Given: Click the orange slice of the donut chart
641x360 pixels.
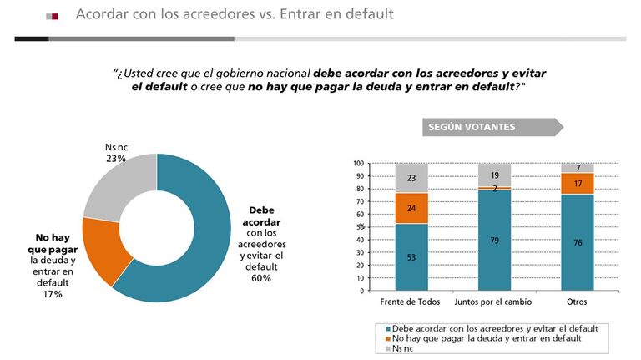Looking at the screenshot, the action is point(104,251).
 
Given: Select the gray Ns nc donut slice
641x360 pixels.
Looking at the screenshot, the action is point(119,186).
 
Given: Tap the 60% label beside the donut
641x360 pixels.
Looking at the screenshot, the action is point(261,278).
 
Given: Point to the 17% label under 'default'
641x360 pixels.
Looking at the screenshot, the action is point(53,294).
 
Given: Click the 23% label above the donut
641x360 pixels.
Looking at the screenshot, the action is point(116,159).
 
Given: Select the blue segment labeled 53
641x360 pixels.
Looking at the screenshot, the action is point(411,257).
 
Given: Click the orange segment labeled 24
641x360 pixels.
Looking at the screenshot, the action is point(411,208).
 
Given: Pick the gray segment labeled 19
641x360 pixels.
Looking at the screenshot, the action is point(494,175).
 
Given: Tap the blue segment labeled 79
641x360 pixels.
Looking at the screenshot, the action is point(494,241).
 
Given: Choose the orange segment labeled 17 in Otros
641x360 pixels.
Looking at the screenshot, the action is point(578,183).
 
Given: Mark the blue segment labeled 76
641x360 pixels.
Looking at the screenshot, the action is point(578,242).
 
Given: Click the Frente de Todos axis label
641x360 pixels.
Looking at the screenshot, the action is point(410,302).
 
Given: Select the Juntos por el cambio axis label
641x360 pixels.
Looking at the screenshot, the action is point(493,302).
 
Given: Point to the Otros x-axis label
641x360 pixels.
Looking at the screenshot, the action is point(577,302).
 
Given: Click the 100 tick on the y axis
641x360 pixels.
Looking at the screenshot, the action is point(359,163).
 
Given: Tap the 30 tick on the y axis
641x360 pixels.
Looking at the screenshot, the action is point(361,252).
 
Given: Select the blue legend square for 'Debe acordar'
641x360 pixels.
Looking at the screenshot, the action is point(388,329).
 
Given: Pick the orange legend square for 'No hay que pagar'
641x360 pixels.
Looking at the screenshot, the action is point(388,339).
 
